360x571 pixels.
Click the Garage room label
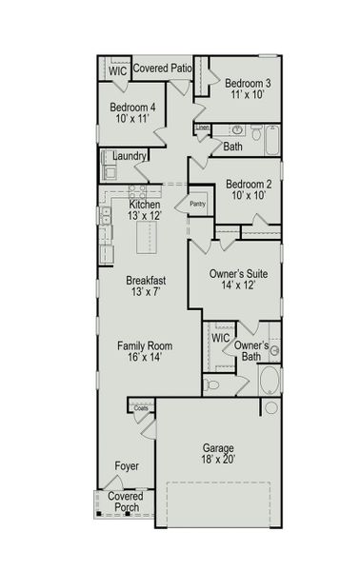[218, 447]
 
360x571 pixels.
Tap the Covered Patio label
[163, 69]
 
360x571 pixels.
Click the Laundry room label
[129, 156]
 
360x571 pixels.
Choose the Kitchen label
[144, 205]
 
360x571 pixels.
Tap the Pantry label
[198, 204]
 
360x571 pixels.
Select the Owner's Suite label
[238, 274]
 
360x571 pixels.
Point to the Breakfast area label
[146, 281]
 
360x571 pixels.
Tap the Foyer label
[126, 466]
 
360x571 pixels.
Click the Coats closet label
[141, 408]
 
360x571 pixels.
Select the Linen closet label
[202, 128]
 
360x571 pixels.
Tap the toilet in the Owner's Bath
[211, 385]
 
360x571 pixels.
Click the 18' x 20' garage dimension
[218, 460]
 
